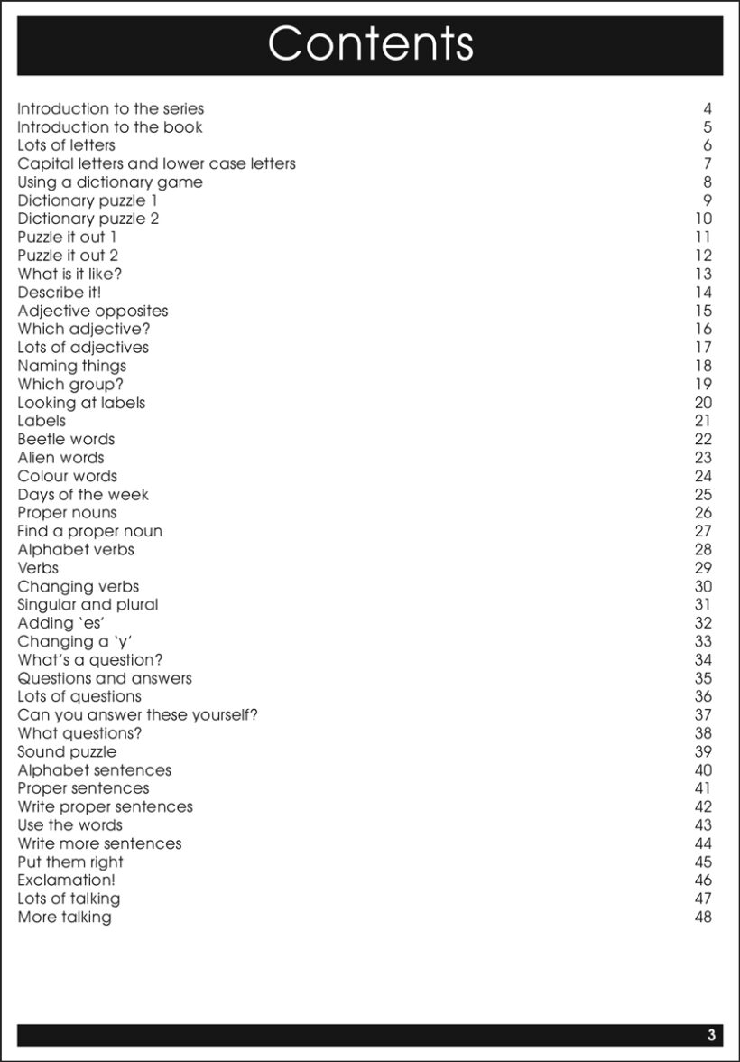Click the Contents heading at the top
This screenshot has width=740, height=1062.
[x=370, y=43]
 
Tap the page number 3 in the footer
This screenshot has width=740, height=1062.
[x=711, y=1035]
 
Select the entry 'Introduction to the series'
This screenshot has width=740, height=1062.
[x=111, y=109]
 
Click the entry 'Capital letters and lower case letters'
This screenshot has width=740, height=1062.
[x=156, y=164]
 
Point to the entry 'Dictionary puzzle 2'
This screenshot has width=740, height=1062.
[x=88, y=219]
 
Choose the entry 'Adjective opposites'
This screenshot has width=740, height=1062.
[x=93, y=311]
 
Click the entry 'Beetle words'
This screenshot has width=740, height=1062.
[x=66, y=440]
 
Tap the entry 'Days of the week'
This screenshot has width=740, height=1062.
[x=83, y=495]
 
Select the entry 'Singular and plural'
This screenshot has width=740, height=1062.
[x=88, y=605]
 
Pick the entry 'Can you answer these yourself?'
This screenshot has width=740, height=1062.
[x=138, y=715]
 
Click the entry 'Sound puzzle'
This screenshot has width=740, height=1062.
[x=67, y=752]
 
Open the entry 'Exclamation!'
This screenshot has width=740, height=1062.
[x=66, y=880]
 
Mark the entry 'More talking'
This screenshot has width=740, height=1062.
[x=65, y=918]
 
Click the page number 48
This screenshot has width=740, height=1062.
[x=703, y=918]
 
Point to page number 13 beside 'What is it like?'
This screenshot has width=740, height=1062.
[x=703, y=275]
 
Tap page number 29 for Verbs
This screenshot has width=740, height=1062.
[x=703, y=568]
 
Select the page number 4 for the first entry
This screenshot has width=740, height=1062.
[x=708, y=109]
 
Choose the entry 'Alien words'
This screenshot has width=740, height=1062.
[x=60, y=458]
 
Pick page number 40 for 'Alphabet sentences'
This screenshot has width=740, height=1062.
[x=703, y=770]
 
